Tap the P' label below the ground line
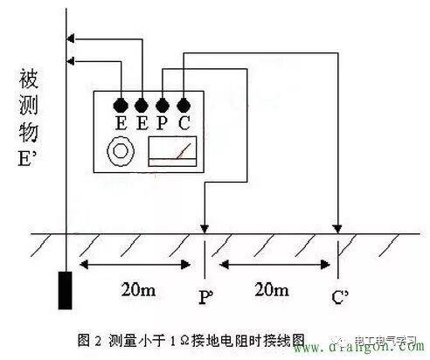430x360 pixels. tap(206, 296)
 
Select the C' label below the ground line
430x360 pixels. tap(339, 296)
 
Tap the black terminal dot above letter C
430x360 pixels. tap(184, 105)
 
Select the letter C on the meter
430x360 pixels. tap(184, 123)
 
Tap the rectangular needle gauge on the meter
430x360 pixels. tap(171, 152)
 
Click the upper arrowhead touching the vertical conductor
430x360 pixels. tap(73, 38)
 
